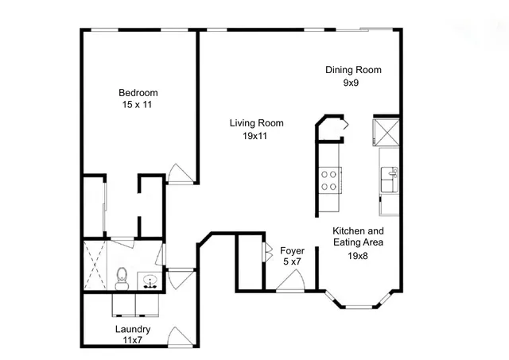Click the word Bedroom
point(138,91)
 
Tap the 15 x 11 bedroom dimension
point(138,104)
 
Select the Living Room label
point(256,123)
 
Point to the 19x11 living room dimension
point(256,136)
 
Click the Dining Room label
point(353,70)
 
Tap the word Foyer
point(293,250)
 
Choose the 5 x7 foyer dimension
point(293,262)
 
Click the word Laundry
point(133,329)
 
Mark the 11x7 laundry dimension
point(133,340)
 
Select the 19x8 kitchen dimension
point(358,256)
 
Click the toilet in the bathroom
point(122,277)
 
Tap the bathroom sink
point(149,280)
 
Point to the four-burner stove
point(329,180)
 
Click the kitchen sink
point(389,178)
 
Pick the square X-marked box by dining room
point(387,132)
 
